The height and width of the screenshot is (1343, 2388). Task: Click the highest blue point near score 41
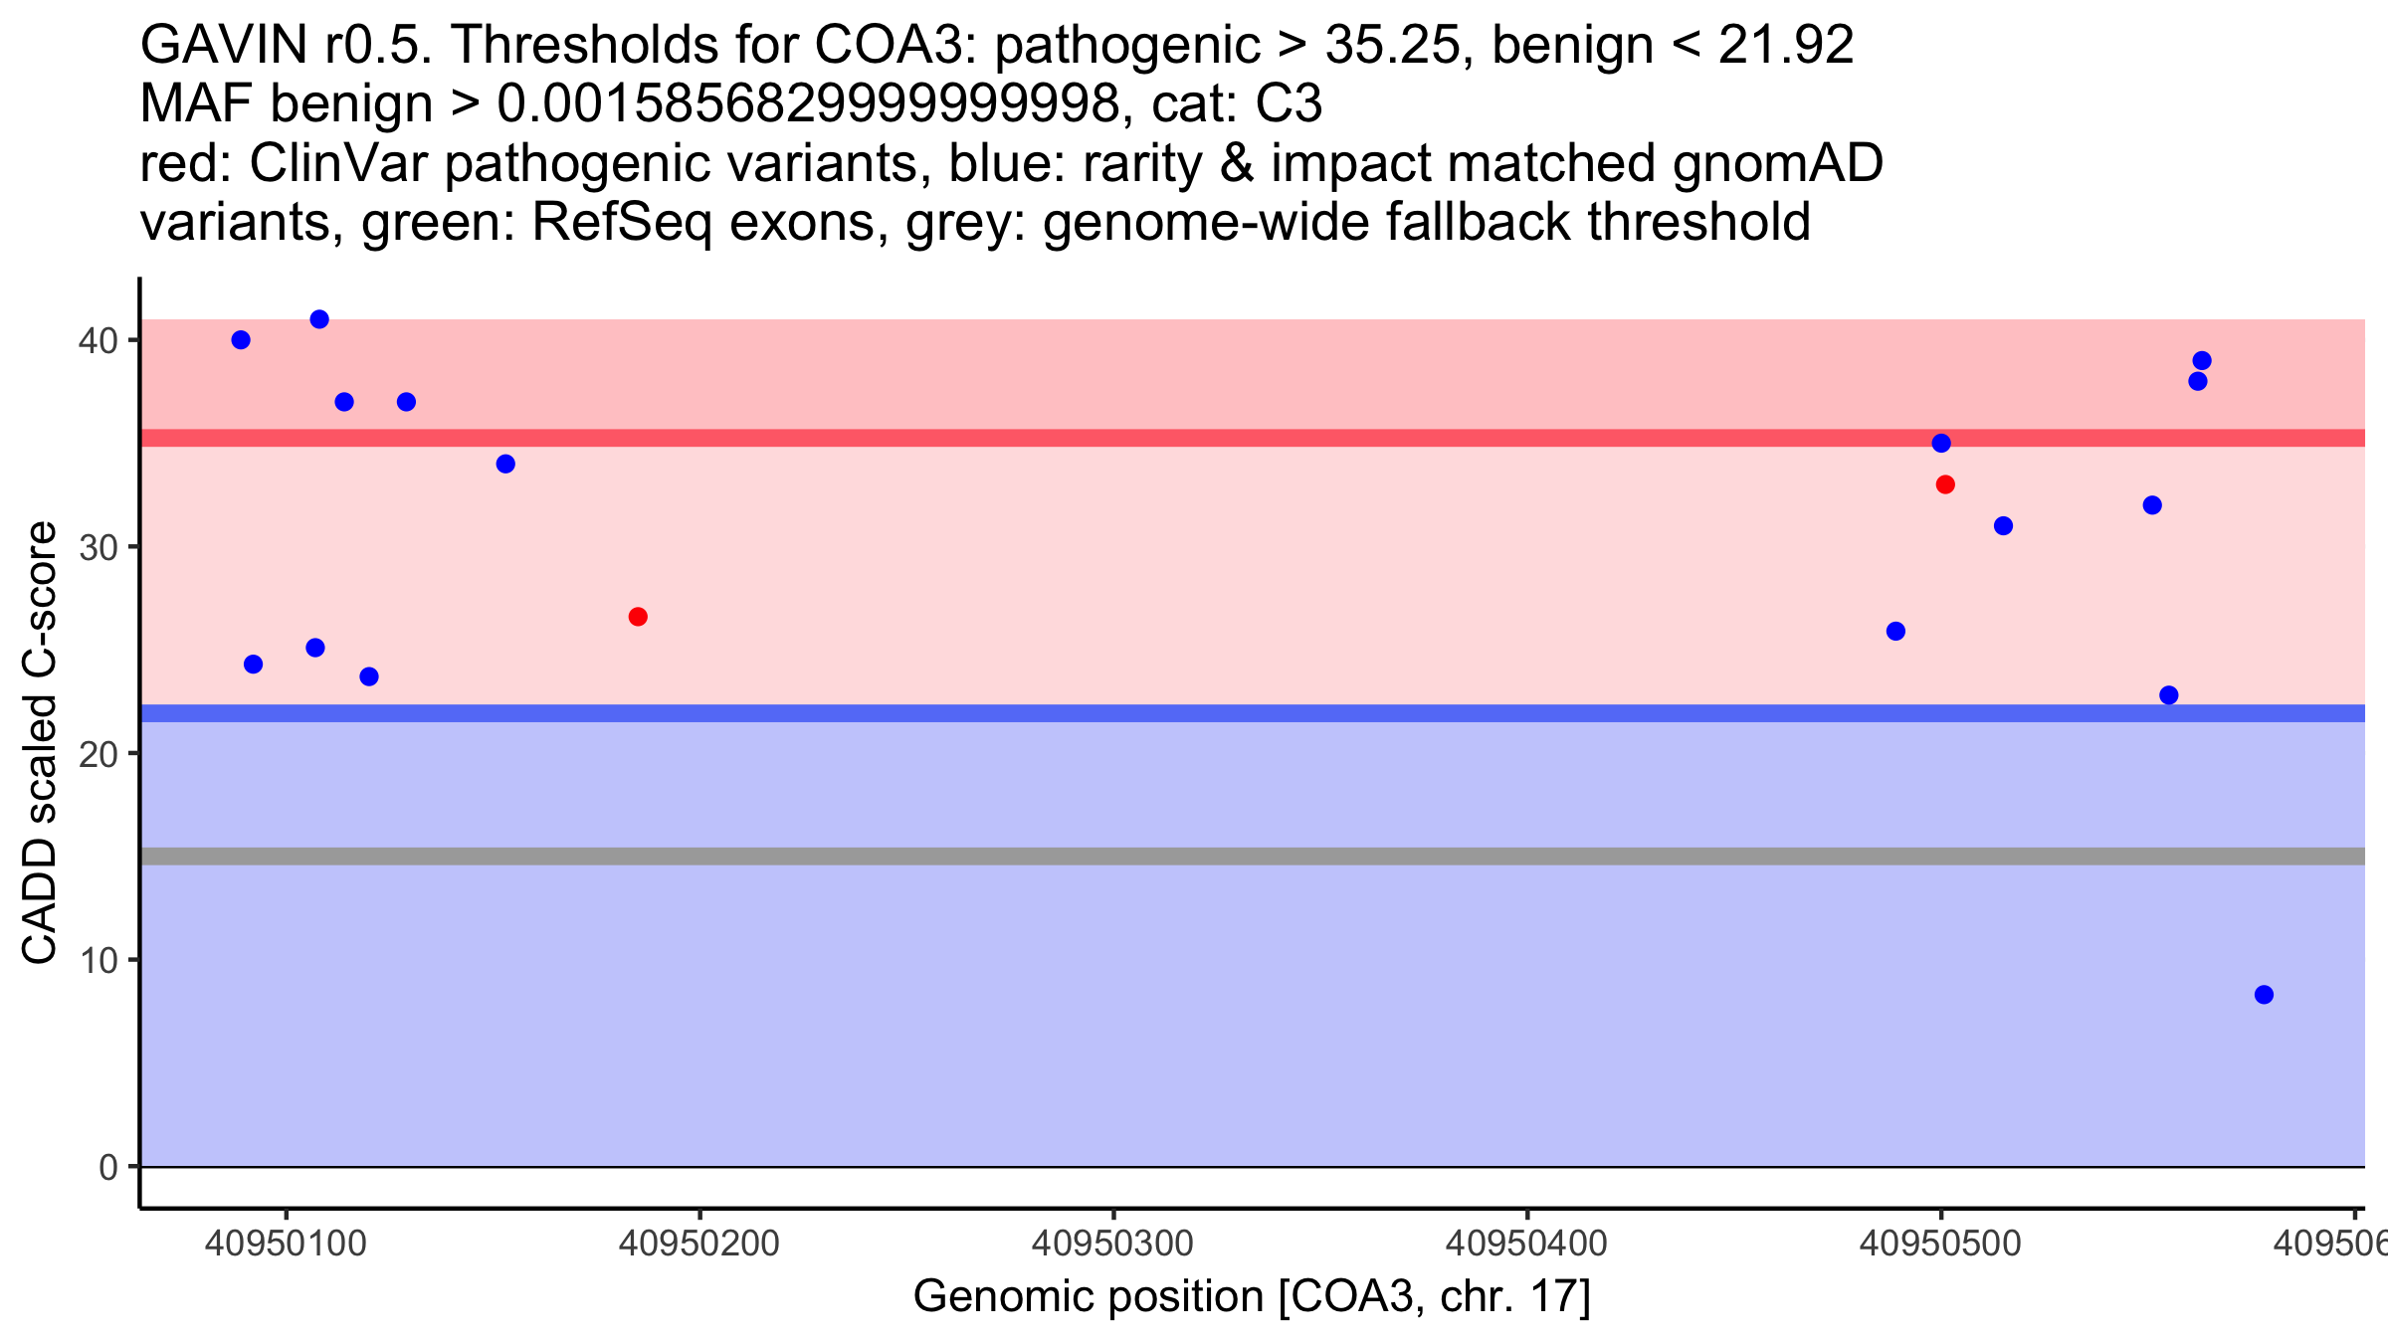click(x=319, y=319)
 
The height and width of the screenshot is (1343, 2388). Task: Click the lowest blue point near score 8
click(x=2264, y=995)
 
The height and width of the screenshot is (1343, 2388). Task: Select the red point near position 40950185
click(x=638, y=617)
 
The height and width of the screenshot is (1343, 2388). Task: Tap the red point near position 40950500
click(x=1945, y=484)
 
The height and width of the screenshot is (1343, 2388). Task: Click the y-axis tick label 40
click(x=98, y=341)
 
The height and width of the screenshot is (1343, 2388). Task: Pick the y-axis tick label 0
click(x=107, y=1167)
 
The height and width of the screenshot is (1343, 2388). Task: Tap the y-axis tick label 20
click(x=98, y=754)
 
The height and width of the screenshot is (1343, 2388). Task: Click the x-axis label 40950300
click(x=1112, y=1244)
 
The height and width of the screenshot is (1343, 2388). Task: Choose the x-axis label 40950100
click(x=286, y=1244)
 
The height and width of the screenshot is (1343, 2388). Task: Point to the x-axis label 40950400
click(x=1526, y=1244)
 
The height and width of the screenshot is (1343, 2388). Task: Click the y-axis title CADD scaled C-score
click(x=40, y=743)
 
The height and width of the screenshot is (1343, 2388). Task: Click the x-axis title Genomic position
click(x=1252, y=1297)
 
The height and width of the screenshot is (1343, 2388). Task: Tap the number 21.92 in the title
click(x=1786, y=45)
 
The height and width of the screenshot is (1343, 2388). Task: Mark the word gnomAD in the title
click(x=1777, y=163)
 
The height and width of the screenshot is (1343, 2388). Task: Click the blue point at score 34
click(x=505, y=464)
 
